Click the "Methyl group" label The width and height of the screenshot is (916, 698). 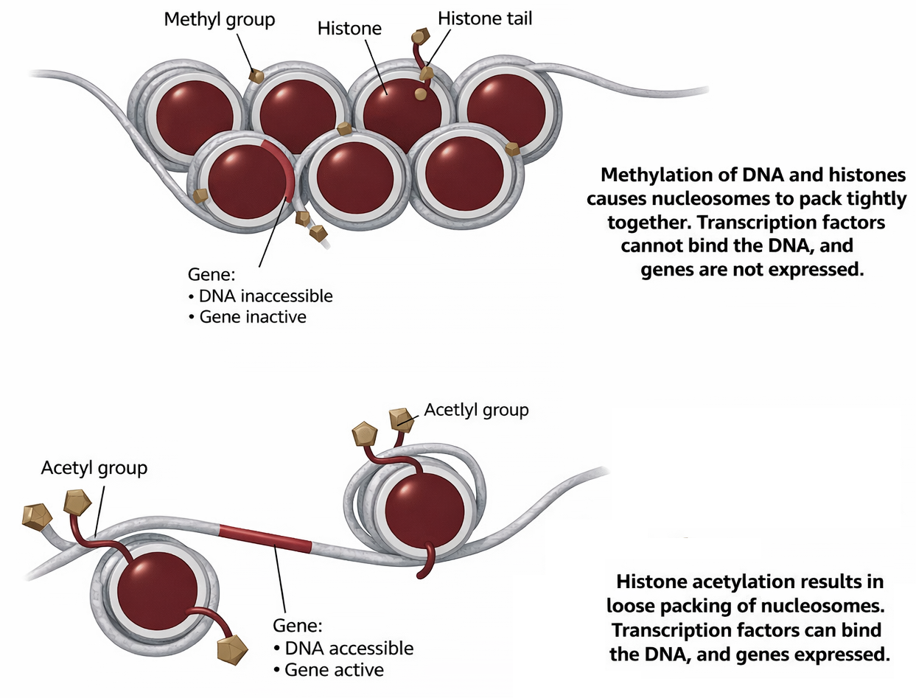click(x=219, y=18)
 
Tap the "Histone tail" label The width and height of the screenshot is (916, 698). click(x=485, y=18)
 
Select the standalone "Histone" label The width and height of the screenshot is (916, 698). click(x=349, y=29)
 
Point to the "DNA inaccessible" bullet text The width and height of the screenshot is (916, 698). click(x=266, y=296)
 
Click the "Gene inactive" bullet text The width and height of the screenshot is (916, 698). click(x=253, y=318)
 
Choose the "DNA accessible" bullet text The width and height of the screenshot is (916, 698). click(x=349, y=649)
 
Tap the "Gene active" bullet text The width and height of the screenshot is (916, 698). click(x=334, y=670)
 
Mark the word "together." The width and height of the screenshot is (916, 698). click(x=648, y=223)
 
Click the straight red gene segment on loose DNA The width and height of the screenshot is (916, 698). click(x=265, y=537)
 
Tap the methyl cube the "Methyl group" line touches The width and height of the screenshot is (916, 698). click(x=256, y=75)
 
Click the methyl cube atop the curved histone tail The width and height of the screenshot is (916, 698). click(x=421, y=35)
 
